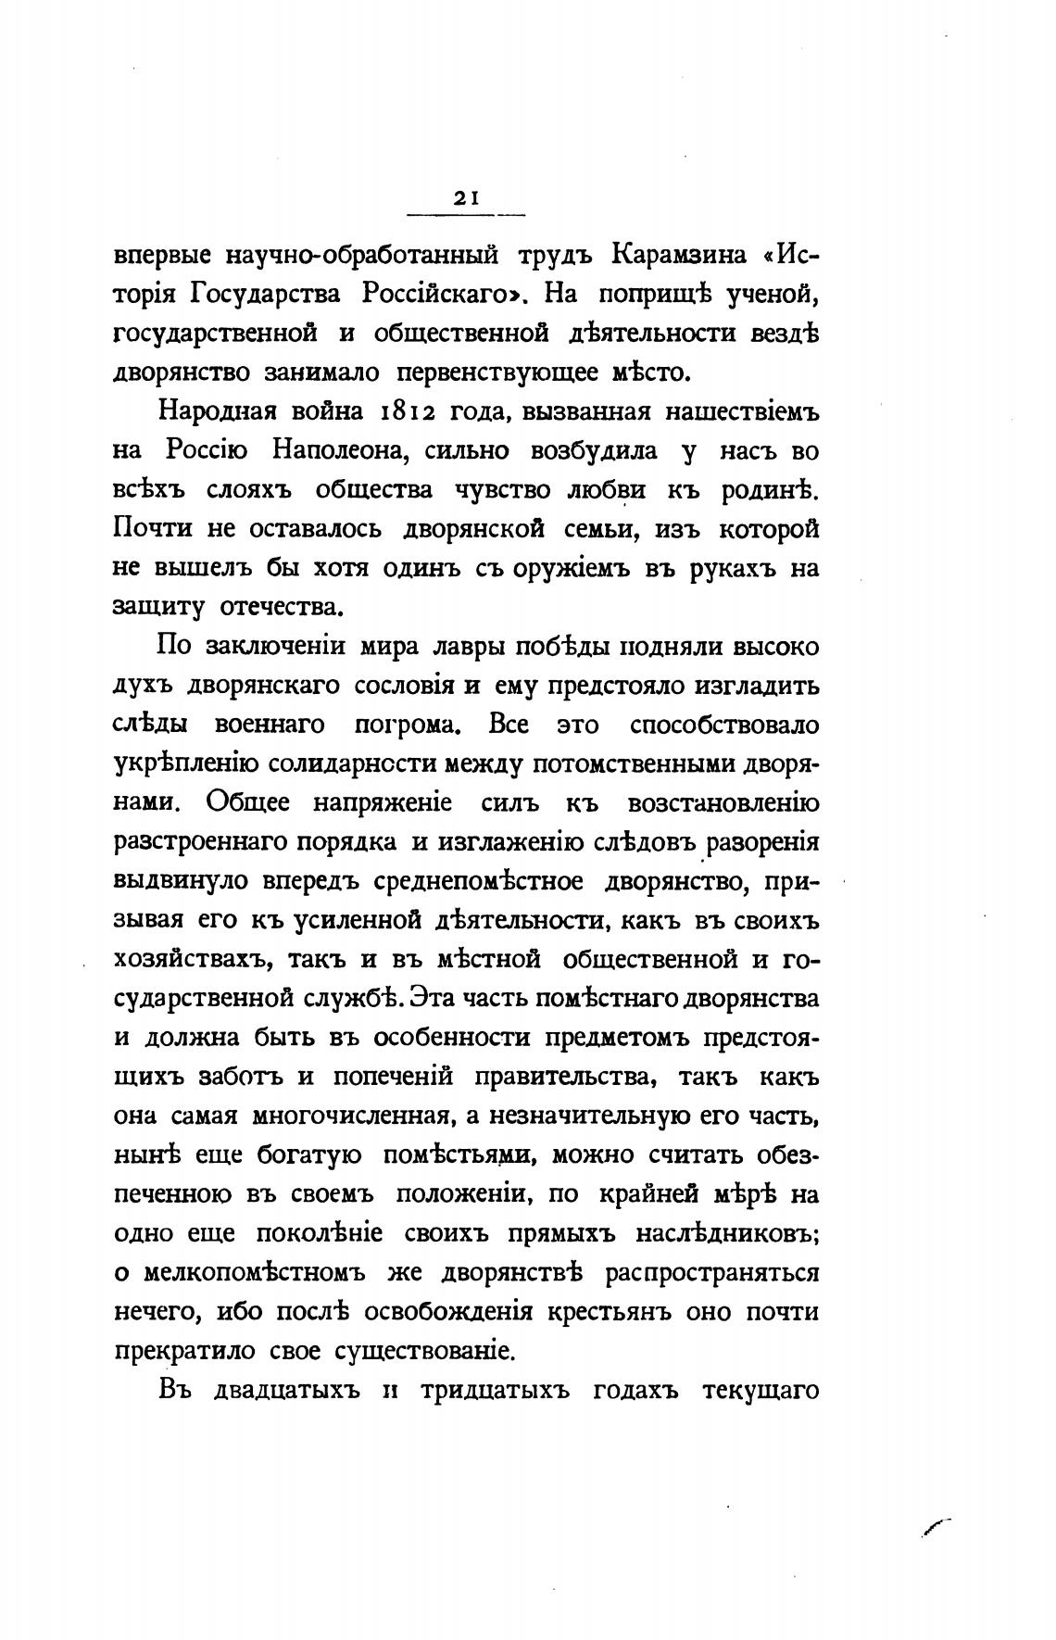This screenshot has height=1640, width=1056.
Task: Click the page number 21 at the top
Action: pos(465,197)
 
